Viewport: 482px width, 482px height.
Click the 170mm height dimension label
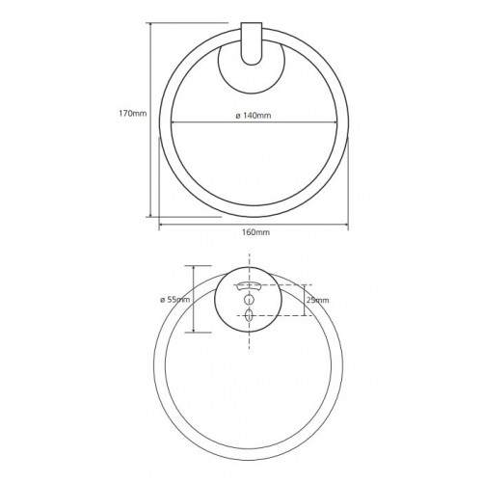tap(133, 113)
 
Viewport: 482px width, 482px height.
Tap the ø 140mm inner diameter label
tap(254, 116)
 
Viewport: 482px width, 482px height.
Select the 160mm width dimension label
tap(255, 232)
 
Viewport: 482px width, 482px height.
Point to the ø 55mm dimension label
tap(175, 300)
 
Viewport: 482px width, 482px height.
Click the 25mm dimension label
tap(318, 300)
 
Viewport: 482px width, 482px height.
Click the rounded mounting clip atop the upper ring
tap(252, 43)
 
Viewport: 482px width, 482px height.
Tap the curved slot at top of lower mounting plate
tap(248, 285)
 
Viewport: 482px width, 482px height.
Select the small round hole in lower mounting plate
tap(249, 300)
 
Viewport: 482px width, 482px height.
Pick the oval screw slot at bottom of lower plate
tap(249, 315)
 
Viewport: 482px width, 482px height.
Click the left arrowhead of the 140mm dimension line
tap(174, 122)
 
